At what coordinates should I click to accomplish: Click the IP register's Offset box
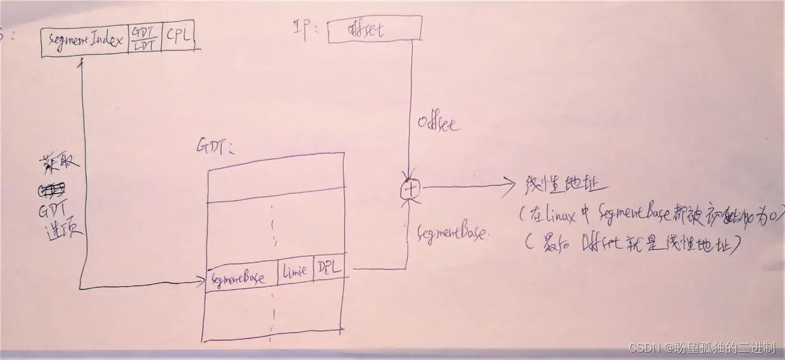[x=374, y=31]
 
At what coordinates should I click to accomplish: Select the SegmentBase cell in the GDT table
[x=241, y=276]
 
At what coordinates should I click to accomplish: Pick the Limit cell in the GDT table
[x=294, y=271]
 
